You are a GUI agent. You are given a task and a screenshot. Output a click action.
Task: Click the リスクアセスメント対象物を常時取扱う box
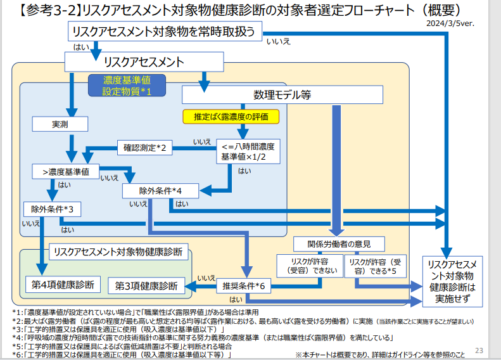165,32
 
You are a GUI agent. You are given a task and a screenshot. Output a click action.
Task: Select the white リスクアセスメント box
144,62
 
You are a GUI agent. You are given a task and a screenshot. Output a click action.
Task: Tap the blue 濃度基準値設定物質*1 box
127,86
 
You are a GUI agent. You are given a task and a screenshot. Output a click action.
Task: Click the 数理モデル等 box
282,94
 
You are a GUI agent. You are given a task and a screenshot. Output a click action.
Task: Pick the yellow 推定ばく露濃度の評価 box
231,117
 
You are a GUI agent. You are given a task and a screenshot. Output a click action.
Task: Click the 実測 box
60,124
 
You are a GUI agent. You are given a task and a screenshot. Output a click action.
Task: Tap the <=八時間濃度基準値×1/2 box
248,151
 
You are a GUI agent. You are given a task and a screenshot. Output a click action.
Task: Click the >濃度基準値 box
65,171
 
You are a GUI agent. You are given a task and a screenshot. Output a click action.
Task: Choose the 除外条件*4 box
161,190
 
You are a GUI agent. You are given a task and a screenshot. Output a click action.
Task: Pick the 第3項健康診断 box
146,286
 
